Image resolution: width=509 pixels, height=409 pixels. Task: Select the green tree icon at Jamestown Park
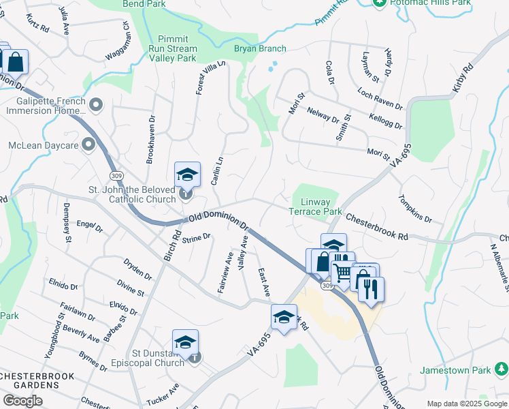point(502,369)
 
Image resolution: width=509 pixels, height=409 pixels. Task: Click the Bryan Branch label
point(260,48)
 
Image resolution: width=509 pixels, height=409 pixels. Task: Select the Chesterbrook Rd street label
point(376,226)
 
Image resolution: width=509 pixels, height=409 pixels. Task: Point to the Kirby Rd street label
point(462,80)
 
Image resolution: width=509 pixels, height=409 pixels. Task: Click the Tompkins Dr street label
point(415,209)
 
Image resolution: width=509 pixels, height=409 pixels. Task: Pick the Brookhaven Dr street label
point(150,139)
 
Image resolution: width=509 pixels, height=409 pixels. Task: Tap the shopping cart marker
point(342,273)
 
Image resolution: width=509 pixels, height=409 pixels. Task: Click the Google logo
point(22,401)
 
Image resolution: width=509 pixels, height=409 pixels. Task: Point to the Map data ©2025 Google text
point(466,404)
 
